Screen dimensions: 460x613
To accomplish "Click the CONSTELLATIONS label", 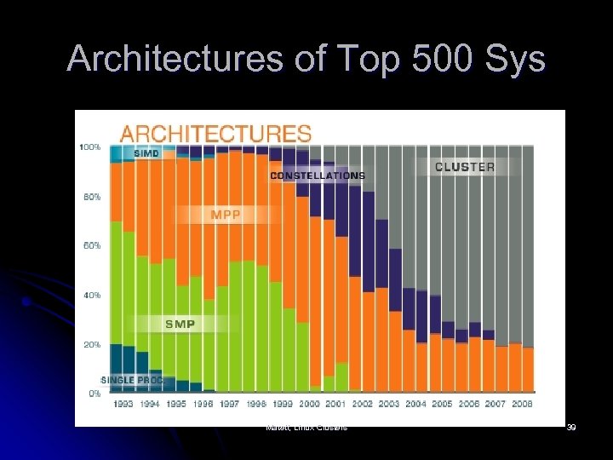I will [x=317, y=175].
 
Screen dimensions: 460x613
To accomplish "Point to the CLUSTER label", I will [x=464, y=167].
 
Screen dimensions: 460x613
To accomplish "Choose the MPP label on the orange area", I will [x=226, y=216].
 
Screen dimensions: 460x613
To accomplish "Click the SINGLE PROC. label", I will [x=132, y=379].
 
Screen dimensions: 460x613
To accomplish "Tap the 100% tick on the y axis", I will [x=90, y=147].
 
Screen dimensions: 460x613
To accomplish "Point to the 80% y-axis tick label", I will [x=92, y=197].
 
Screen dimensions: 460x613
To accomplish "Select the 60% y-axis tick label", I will [x=92, y=245].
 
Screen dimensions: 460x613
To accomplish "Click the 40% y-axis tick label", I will [x=92, y=295].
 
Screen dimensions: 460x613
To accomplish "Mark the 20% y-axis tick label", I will [x=92, y=344].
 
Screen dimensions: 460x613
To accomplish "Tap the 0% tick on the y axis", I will [x=94, y=394].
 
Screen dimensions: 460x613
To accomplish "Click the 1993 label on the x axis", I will [x=123, y=404].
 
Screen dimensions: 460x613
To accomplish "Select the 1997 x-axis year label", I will [x=229, y=404].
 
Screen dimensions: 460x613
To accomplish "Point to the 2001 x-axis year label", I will [x=335, y=404].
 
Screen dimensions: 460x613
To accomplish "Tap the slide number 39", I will [x=571, y=427].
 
